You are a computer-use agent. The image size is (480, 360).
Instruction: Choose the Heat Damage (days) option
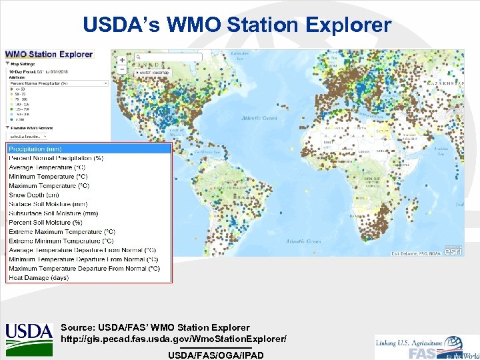coord(39,277)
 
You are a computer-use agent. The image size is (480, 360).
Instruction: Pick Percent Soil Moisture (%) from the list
coord(46,222)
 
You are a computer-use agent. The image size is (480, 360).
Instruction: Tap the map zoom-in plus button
coord(122,59)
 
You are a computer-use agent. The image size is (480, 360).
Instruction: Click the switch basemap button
coord(153,72)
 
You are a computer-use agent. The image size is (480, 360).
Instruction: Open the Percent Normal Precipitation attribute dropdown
coord(57,83)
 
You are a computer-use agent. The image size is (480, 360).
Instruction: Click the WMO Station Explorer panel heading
coord(49,54)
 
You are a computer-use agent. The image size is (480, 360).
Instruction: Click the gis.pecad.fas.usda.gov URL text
coord(173,339)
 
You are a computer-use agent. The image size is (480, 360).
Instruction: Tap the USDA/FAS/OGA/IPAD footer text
coord(215,355)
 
